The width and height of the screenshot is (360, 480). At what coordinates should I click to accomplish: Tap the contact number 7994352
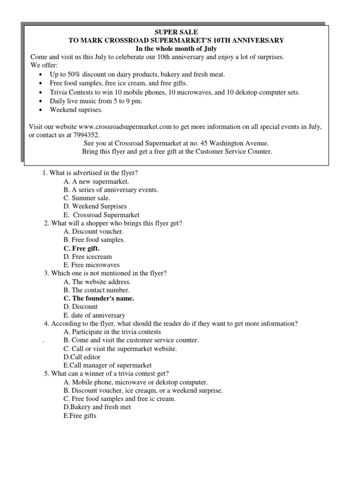(88, 135)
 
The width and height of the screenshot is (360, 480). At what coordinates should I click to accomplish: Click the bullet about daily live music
(97, 101)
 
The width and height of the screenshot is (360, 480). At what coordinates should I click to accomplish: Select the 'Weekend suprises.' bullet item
(76, 110)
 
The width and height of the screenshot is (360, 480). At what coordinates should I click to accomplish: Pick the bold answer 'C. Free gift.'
(82, 248)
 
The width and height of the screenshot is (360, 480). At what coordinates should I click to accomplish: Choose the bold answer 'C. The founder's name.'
(99, 298)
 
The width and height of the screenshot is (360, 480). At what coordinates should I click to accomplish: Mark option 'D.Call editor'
(82, 357)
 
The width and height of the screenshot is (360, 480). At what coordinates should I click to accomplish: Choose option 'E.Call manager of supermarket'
(107, 365)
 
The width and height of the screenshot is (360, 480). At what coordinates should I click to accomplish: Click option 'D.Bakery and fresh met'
(97, 407)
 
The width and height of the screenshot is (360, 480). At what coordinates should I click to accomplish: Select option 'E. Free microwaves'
(91, 265)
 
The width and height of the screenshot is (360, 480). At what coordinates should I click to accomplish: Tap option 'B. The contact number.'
(97, 290)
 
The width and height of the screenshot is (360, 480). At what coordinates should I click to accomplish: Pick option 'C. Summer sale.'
(87, 198)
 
